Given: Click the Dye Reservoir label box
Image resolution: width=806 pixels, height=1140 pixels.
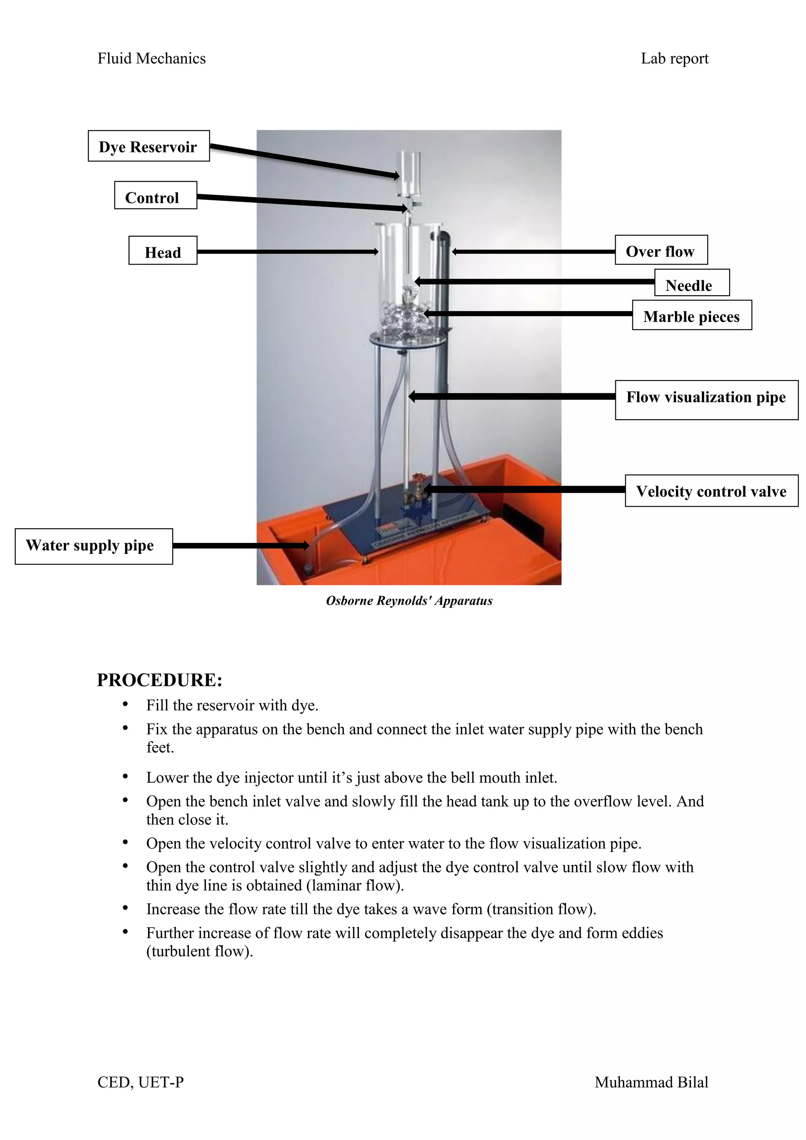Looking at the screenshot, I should [148, 146].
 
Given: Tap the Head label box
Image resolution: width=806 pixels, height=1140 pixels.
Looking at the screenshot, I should [163, 251].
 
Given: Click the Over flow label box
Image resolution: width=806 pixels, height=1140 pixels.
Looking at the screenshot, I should [661, 250].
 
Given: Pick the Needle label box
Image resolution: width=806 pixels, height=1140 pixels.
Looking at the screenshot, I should [691, 283].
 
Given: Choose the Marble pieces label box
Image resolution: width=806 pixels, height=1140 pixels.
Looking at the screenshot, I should [691, 315].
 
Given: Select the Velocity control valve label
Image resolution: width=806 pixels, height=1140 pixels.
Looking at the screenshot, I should [711, 490].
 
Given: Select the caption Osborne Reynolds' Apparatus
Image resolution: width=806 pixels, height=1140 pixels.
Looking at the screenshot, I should [409, 601].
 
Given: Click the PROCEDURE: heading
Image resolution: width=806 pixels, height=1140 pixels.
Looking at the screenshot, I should [159, 680].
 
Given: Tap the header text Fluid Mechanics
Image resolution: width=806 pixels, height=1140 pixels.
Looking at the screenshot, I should [152, 59].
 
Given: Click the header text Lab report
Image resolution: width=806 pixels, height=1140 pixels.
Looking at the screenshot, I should [674, 59].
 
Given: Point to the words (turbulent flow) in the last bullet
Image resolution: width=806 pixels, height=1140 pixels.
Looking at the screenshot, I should [200, 951].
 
